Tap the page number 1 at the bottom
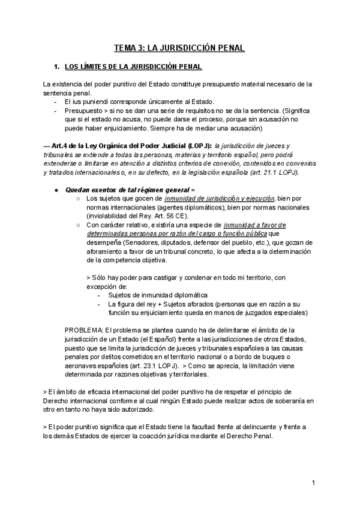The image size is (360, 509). pos(314,483)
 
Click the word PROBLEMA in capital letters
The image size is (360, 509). pos(83,330)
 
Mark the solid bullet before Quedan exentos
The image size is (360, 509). pos(55,190)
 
